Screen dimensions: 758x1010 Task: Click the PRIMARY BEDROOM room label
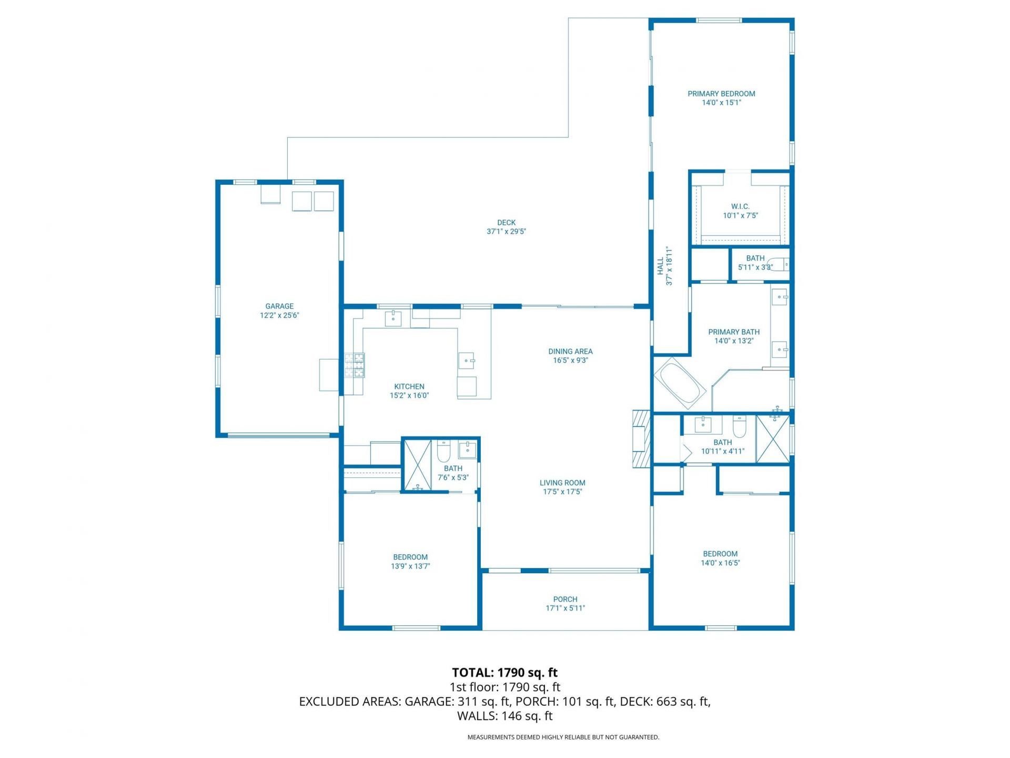coord(721,94)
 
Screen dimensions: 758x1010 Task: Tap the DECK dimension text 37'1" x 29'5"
coord(506,232)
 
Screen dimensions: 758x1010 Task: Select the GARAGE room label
coord(279,306)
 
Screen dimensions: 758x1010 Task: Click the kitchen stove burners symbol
coord(354,365)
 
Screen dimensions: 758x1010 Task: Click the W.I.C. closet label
coord(740,207)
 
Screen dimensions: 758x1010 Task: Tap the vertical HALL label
coord(661,266)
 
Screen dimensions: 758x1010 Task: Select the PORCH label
coord(565,599)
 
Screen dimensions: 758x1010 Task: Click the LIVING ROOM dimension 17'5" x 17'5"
coord(562,492)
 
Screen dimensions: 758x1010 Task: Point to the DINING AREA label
coord(570,351)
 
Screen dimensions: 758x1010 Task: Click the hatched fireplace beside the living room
coord(641,438)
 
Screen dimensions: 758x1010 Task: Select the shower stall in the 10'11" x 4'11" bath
coord(773,439)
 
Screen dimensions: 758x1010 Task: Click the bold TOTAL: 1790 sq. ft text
coord(504,672)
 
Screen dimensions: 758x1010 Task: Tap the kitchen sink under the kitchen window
coord(393,318)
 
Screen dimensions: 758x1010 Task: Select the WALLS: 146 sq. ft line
coord(504,716)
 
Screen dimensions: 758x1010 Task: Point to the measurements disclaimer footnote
coord(563,737)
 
